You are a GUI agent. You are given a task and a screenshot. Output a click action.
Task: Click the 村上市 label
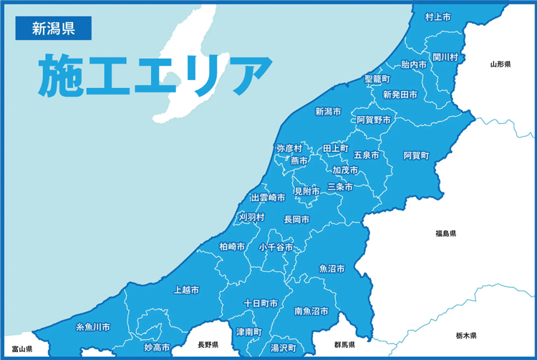tap(437, 16)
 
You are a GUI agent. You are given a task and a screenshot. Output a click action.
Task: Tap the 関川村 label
tap(445, 56)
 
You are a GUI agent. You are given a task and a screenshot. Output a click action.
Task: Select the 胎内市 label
tap(414, 64)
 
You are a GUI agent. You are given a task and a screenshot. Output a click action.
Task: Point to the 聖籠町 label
tap(377, 78)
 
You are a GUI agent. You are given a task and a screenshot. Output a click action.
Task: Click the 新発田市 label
tap(400, 94)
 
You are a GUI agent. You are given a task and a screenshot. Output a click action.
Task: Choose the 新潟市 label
tap(329, 112)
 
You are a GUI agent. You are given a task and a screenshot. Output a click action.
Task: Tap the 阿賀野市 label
tap(374, 120)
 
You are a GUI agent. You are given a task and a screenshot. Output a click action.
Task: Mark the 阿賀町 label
tap(416, 155)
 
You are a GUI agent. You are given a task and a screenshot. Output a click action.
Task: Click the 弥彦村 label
tap(289, 148)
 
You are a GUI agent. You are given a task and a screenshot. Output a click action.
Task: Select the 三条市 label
tap(340, 187)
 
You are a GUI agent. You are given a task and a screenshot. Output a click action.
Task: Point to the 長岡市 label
tap(296, 219)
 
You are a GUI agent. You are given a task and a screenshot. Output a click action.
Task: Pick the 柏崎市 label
tap(233, 246)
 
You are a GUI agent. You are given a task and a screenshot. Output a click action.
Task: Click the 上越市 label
tap(186, 291)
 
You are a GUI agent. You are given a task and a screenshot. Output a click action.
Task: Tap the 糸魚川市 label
tap(93, 327)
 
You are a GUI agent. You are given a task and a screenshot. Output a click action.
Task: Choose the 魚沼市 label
tap(332, 269)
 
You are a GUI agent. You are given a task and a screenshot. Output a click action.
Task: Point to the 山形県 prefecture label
tap(500, 64)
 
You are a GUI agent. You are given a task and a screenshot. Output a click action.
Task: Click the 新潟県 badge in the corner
tap(52, 29)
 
